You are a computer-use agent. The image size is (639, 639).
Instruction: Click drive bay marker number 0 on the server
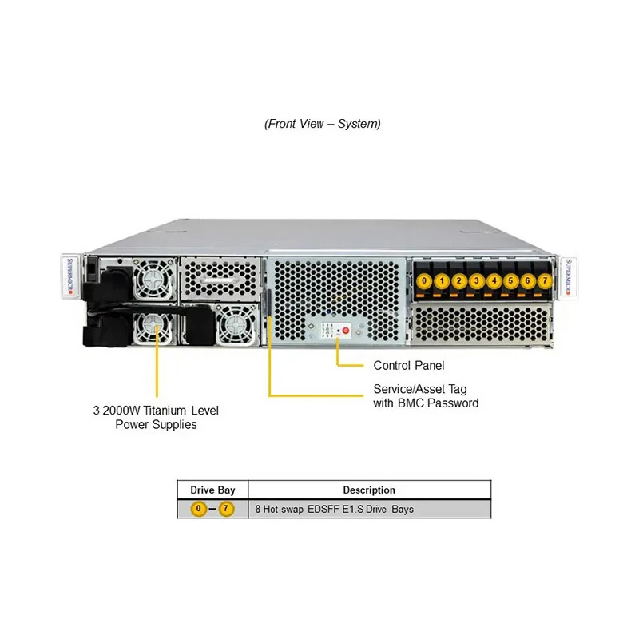click(423, 281)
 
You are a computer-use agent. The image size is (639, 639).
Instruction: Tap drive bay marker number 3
click(476, 281)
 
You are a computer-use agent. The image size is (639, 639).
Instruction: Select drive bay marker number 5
click(510, 281)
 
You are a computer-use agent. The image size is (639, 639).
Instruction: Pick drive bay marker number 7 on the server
click(545, 281)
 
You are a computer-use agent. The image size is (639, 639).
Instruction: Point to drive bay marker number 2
click(458, 281)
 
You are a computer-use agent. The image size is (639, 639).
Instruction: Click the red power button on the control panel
click(345, 329)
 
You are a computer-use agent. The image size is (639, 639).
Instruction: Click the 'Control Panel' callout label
click(409, 366)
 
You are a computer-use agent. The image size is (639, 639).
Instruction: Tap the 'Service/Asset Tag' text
click(420, 389)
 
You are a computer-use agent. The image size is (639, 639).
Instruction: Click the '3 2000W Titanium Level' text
click(156, 411)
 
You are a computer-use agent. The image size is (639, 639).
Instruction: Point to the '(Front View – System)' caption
click(323, 124)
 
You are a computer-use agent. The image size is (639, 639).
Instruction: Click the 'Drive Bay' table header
click(212, 490)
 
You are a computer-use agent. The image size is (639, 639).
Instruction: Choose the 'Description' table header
click(369, 490)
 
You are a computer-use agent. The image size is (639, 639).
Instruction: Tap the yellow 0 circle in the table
click(197, 509)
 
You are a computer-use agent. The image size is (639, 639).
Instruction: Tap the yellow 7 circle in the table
click(226, 509)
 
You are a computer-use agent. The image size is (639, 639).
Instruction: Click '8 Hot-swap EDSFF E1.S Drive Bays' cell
click(334, 509)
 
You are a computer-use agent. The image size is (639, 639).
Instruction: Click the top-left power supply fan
click(151, 277)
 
